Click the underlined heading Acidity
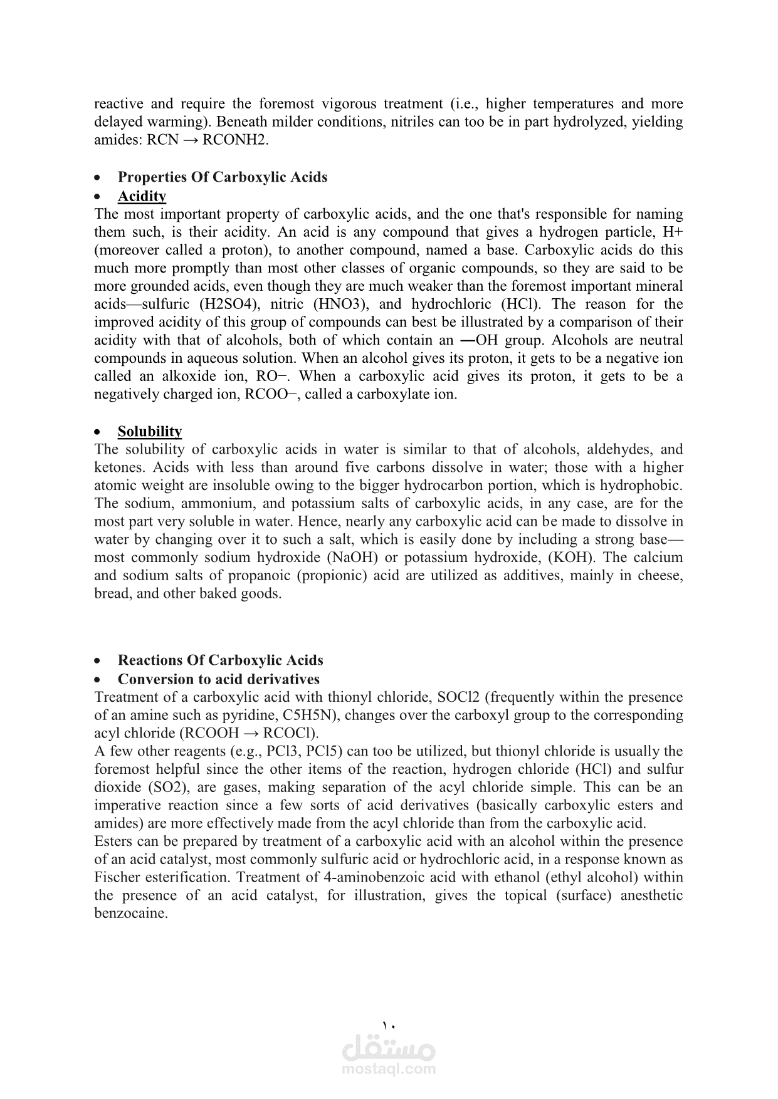(142, 196)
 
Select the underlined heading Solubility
(150, 431)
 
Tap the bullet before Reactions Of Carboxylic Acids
(97, 661)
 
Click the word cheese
(658, 576)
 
